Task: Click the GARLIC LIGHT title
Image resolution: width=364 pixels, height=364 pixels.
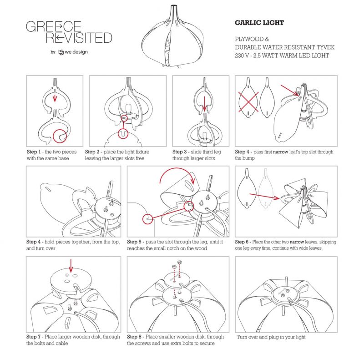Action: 259,23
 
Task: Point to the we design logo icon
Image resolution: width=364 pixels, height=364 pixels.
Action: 61,52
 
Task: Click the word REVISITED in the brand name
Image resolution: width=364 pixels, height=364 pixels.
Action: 79,38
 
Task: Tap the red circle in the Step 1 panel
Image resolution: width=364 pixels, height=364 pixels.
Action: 60,136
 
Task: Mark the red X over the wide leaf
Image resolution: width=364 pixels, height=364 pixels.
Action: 248,101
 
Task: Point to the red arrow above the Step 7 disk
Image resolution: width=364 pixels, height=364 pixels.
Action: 71,266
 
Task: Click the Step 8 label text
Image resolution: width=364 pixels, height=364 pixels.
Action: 134,337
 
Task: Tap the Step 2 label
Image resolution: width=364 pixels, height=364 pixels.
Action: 92,152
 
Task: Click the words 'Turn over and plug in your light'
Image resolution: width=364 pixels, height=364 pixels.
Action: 271,337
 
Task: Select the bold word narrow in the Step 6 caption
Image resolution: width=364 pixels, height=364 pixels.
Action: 297,242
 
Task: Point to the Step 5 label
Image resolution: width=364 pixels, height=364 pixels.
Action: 134,242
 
